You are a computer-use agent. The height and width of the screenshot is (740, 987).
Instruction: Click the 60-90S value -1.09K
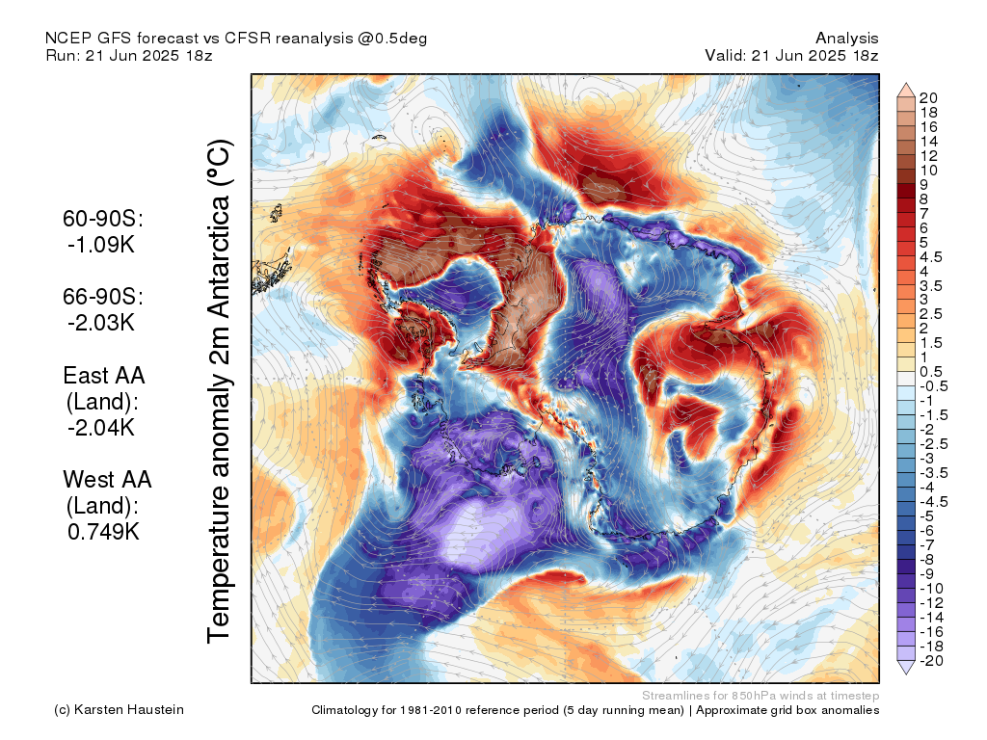point(101,245)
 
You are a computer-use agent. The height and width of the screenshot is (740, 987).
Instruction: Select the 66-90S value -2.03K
point(101,323)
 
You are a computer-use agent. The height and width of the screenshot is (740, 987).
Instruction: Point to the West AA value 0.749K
point(103,532)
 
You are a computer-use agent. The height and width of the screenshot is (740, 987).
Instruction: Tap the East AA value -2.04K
point(101,428)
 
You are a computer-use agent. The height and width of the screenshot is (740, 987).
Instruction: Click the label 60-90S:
point(103,219)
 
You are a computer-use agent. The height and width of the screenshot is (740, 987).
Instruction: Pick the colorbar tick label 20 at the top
point(928,98)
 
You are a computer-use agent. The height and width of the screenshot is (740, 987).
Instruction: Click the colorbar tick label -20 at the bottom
point(931,661)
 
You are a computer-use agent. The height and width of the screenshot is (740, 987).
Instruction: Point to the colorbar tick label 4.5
point(931,257)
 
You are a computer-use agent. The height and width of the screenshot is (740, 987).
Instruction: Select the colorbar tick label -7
point(927,545)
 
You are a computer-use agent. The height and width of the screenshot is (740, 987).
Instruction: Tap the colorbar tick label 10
point(928,171)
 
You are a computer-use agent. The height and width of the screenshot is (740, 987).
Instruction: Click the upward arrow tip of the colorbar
point(906,83)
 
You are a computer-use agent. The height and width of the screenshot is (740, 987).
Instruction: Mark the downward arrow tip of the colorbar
point(906,674)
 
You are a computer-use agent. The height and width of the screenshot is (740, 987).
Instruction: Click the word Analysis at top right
point(847,39)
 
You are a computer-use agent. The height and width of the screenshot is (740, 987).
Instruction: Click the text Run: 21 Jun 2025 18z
point(129,55)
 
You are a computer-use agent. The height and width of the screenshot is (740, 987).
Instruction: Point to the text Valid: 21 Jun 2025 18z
point(791,55)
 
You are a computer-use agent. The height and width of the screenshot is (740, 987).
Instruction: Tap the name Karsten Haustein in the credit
point(129,710)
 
